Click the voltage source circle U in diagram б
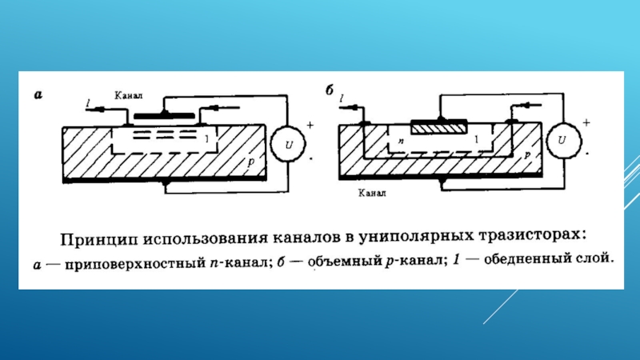[564, 141]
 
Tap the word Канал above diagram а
[129, 94]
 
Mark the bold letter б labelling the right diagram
[328, 90]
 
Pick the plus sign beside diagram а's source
[310, 126]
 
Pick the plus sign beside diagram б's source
[586, 122]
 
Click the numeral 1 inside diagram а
[206, 140]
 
